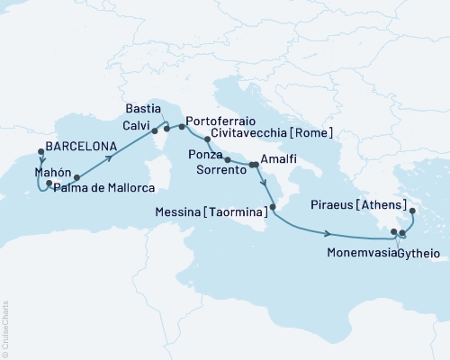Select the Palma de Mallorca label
click(x=104, y=187)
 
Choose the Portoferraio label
click(x=222, y=121)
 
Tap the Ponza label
click(x=204, y=155)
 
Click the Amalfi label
click(x=278, y=163)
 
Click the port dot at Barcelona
click(x=40, y=151)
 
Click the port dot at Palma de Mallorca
click(x=77, y=177)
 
